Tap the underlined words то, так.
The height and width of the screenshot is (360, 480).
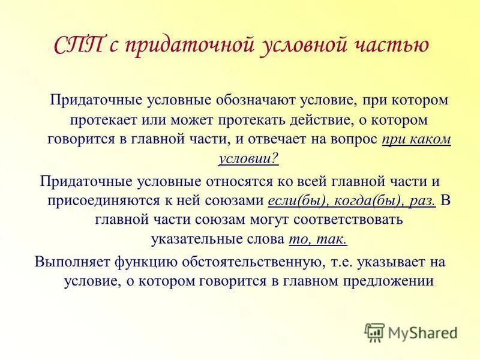click(x=317, y=239)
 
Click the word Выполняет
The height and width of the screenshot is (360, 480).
click(x=68, y=262)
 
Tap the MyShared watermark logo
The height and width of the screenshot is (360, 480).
click(x=412, y=331)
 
